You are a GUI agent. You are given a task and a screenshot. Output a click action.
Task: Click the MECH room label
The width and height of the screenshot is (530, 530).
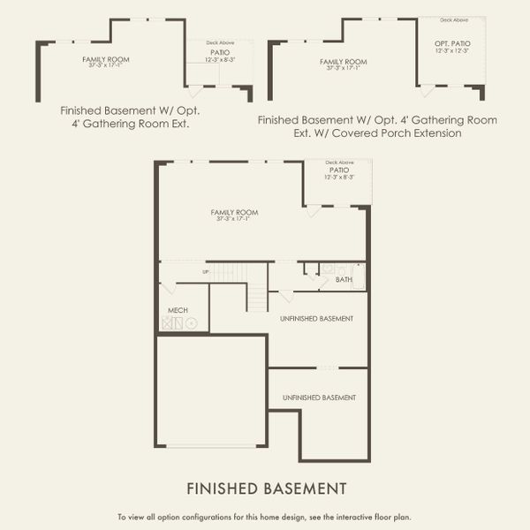pos(178,310)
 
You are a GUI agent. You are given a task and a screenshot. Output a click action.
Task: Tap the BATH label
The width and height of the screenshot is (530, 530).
pos(344,280)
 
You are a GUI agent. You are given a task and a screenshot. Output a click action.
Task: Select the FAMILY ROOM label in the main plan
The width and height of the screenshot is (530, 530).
pos(234,212)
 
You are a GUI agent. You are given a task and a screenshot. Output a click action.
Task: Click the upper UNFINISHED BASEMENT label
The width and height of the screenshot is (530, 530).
pos(317,318)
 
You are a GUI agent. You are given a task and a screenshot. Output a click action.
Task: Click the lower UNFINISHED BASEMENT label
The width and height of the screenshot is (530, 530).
pos(319,398)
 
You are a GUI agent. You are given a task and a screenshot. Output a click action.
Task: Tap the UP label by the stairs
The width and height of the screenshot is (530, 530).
pos(206,271)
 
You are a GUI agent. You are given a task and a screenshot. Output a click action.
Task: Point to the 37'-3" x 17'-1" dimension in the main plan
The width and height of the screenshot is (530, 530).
pos(234,219)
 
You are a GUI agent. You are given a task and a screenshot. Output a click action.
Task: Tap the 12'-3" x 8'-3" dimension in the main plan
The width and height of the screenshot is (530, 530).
pos(340,177)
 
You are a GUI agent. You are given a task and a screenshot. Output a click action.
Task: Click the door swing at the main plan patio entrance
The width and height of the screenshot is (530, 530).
pos(313,211)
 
